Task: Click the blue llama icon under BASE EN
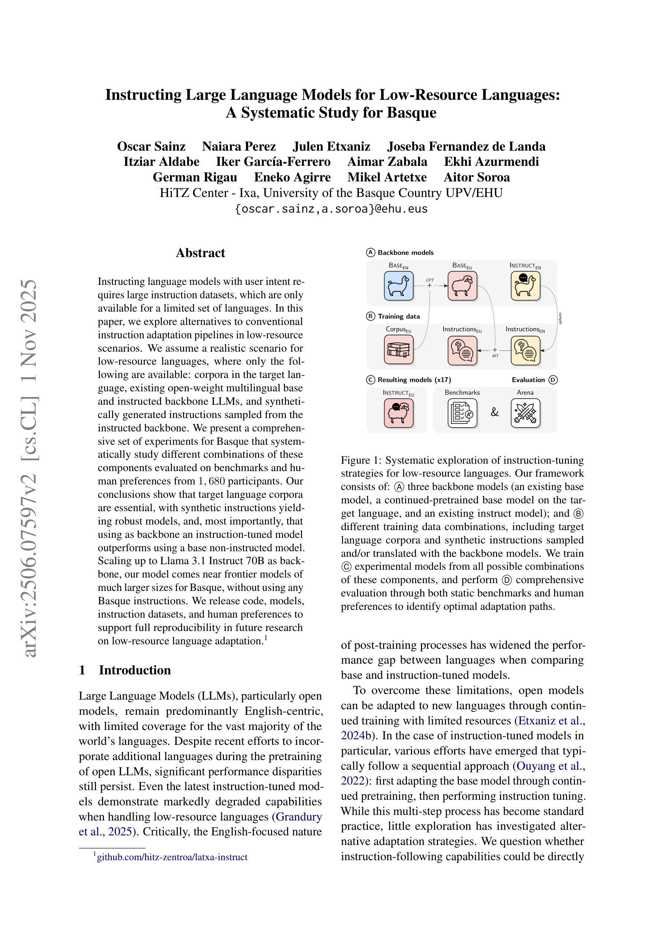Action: tap(398, 286)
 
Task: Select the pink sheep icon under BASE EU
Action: tap(462, 286)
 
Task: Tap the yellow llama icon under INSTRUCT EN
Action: tap(525, 286)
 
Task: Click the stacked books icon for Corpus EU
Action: tap(398, 350)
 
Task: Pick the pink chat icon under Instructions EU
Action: tap(462, 350)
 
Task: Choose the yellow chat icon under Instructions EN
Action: tap(525, 350)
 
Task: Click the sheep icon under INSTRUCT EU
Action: tap(398, 413)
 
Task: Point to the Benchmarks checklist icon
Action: tap(462, 413)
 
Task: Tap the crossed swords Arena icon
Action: tap(525, 413)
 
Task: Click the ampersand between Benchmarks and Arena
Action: tap(494, 412)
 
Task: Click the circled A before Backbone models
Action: tap(370, 253)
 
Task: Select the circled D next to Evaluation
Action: tap(553, 380)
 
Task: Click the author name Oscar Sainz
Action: tap(151, 146)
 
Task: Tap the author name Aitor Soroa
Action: tap(476, 177)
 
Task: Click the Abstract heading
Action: tap(200, 253)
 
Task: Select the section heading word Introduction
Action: tap(135, 670)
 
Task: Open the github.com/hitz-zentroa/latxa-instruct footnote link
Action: tap(172, 857)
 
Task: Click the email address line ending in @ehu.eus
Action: tap(331, 209)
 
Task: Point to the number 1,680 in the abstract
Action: tap(211, 481)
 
